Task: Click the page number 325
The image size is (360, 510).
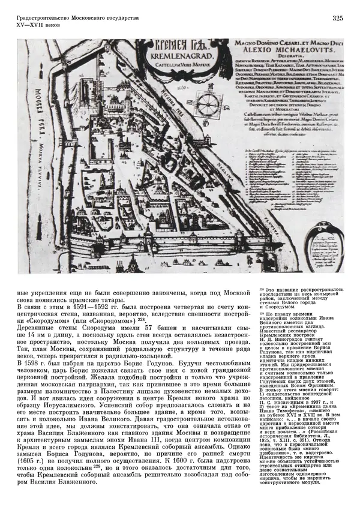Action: pyautogui.click(x=337, y=19)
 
